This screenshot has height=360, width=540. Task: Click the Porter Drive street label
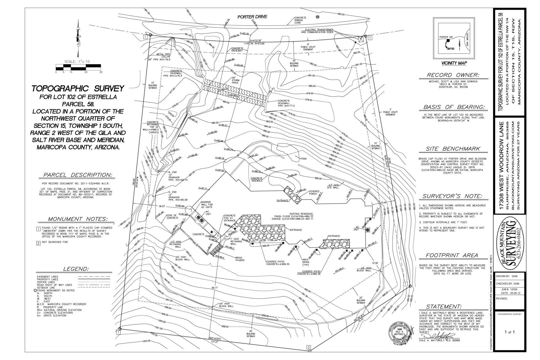pyautogui.click(x=252, y=17)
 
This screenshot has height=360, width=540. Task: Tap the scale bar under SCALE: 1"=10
pyautogui.click(x=78, y=67)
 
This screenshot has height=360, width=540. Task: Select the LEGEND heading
pyautogui.click(x=76, y=269)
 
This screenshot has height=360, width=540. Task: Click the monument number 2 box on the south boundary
pyautogui.click(x=309, y=348)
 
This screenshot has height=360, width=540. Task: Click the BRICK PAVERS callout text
pyautogui.click(x=240, y=259)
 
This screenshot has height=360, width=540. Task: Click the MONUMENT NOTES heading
pyautogui.click(x=77, y=219)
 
